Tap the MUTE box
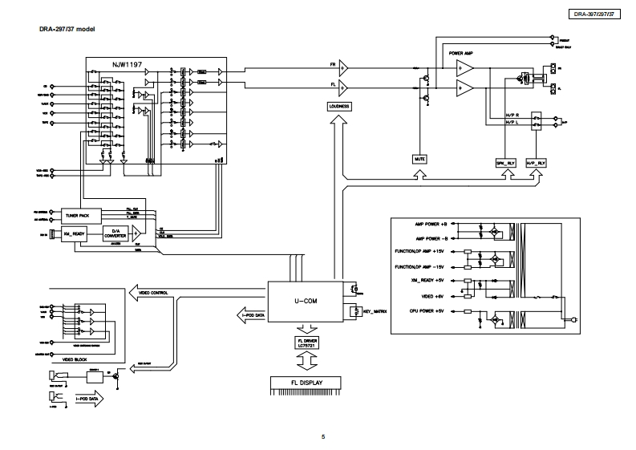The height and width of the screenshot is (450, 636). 419,159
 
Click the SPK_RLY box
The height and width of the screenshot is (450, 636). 505,162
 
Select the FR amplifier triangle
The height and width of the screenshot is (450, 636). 343,65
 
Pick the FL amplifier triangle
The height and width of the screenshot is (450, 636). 343,85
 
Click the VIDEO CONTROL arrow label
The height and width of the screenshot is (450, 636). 154,293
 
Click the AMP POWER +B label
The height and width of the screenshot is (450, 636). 431,226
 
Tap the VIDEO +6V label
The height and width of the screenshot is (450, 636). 435,296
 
